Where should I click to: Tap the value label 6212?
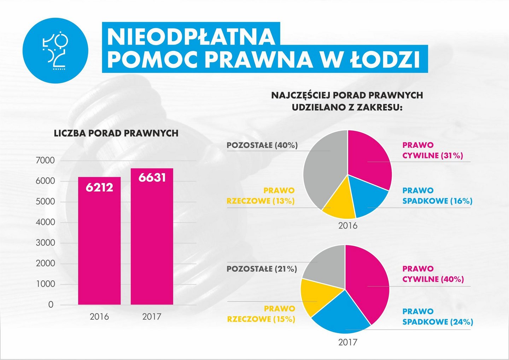(x=99, y=187)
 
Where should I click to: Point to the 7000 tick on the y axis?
(x=45, y=161)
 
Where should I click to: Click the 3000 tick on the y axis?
(x=45, y=243)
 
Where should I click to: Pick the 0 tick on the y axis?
(x=51, y=304)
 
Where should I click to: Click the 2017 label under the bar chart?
(x=152, y=317)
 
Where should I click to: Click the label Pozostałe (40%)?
(x=262, y=145)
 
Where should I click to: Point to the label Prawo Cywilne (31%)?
(x=432, y=150)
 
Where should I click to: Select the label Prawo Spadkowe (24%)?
(x=437, y=317)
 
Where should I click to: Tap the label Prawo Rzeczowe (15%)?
(x=261, y=314)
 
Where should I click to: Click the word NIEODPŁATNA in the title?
(x=191, y=36)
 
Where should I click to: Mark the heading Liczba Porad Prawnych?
(x=116, y=133)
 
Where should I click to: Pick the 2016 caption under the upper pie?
(x=348, y=225)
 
